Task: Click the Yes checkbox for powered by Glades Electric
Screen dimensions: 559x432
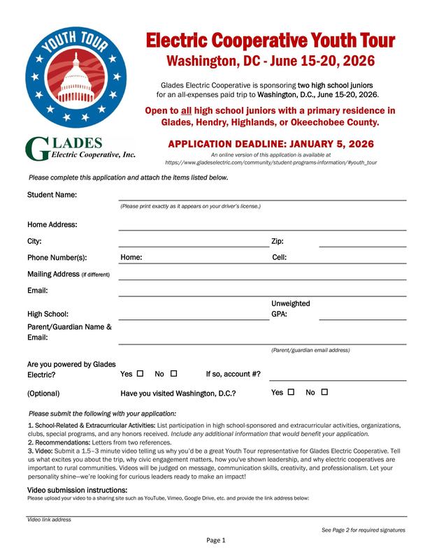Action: [x=141, y=373]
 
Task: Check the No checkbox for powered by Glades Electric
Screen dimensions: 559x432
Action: [x=174, y=373]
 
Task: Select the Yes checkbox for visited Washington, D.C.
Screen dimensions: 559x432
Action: [x=290, y=392]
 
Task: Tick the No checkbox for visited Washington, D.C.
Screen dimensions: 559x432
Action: [x=324, y=392]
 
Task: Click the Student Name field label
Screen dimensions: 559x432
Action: [x=52, y=194]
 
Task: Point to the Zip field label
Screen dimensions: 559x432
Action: [x=277, y=241]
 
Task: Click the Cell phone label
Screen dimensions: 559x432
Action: [x=279, y=257]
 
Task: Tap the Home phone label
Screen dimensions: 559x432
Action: [x=131, y=257]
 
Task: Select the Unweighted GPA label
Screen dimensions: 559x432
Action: [x=290, y=309]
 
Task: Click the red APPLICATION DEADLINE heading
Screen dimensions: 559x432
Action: [x=271, y=144]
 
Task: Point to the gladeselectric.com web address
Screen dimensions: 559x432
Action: [x=271, y=161]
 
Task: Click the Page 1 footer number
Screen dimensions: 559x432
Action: [x=215, y=540]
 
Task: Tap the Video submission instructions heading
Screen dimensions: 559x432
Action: [x=76, y=491]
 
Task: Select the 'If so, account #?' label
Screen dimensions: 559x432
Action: [x=233, y=374]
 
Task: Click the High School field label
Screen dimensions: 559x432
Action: [x=48, y=314]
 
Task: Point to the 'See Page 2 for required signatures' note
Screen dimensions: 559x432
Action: [x=363, y=530]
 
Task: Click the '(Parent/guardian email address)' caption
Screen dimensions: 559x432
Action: [x=310, y=349]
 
